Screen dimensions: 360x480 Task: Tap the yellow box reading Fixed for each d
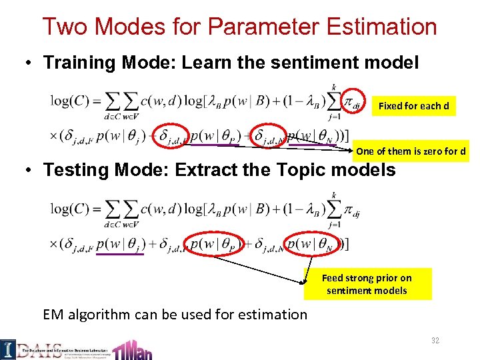pyautogui.click(x=413, y=106)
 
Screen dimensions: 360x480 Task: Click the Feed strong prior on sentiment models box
pyautogui.click(x=367, y=284)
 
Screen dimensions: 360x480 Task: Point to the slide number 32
pyautogui.click(x=435, y=341)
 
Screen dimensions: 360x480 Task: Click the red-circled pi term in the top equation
pyautogui.click(x=353, y=102)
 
